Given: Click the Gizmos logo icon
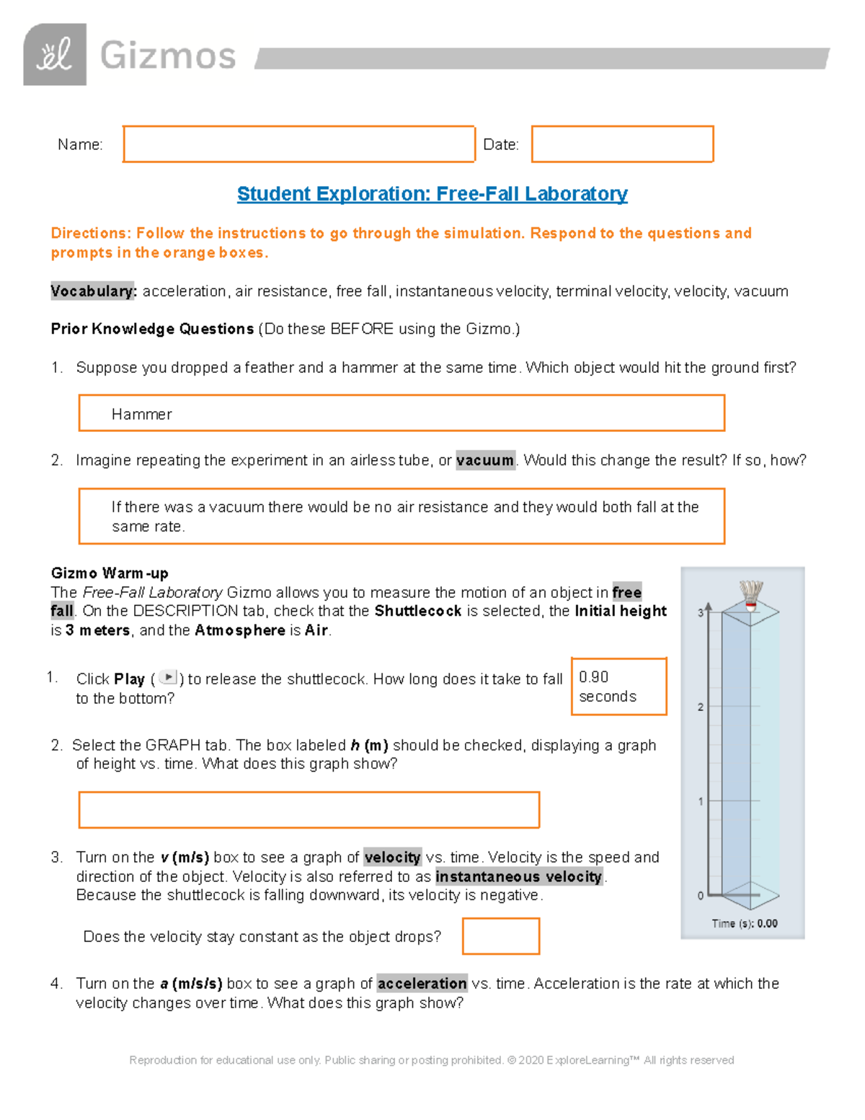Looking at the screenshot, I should (55, 55).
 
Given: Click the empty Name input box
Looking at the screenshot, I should (298, 144).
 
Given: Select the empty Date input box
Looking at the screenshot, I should (622, 144).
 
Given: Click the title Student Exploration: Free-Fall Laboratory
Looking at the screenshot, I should (432, 194).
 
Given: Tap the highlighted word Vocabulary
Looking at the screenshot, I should (93, 291).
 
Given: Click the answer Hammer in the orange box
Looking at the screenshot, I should (142, 414).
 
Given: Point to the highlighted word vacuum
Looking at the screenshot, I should (485, 460).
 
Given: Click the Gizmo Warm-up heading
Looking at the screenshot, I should (110, 573).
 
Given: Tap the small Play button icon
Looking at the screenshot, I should (167, 678).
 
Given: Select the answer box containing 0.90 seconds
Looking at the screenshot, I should (618, 687).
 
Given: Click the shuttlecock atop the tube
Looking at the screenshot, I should (751, 596).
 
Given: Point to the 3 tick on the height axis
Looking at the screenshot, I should (701, 613).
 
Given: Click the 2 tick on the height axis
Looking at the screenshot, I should (701, 707).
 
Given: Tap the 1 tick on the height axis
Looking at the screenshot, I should (701, 801).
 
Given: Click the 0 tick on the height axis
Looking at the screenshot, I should (701, 896).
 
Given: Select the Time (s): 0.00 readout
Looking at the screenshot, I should (745, 923).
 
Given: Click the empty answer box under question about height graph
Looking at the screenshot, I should (309, 810).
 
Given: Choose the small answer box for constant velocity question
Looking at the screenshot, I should (501, 936).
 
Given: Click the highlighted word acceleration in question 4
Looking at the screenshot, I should (422, 984).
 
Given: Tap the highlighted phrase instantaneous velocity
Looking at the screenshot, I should (519, 876).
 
